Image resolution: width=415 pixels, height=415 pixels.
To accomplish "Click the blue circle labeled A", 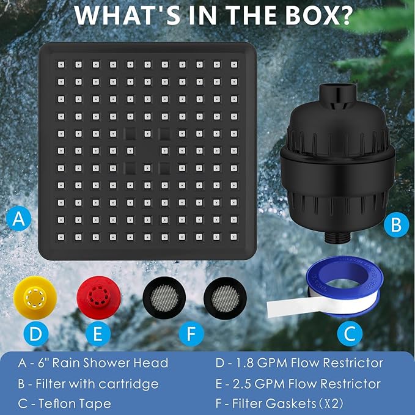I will click(20, 219).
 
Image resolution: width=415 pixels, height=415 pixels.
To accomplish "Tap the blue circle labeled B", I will click(395, 225).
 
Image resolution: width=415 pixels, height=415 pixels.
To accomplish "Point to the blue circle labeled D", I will click(35, 334).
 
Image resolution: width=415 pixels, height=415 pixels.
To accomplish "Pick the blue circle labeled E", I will click(98, 334).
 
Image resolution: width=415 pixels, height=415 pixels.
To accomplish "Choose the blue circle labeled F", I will click(191, 334).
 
